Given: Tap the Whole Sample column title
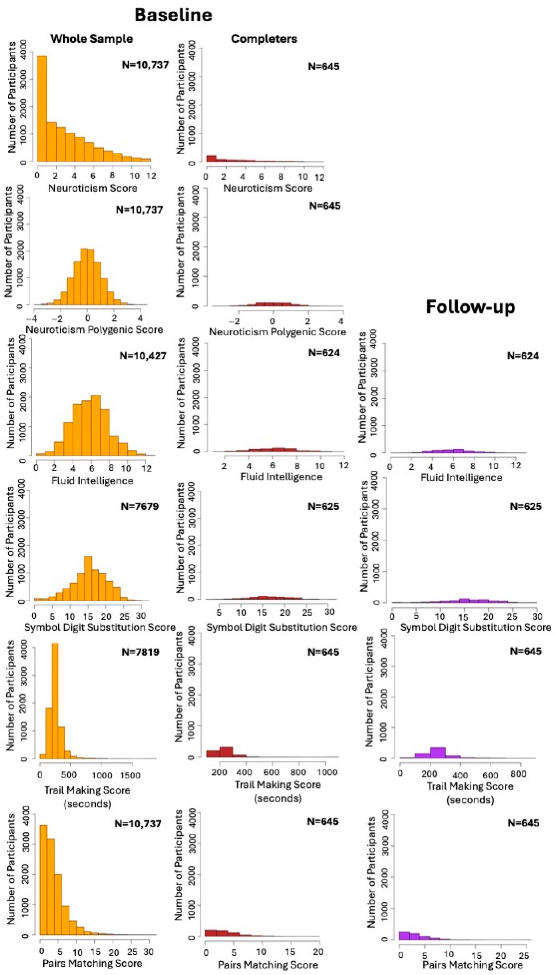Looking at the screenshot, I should [91, 39].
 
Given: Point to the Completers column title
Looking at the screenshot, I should [264, 39].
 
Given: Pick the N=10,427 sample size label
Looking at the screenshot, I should [143, 356].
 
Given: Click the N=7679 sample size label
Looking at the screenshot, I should [140, 506].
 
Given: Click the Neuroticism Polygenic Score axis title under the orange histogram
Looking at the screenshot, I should [94, 329].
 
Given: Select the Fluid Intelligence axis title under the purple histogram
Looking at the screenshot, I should [461, 478].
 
